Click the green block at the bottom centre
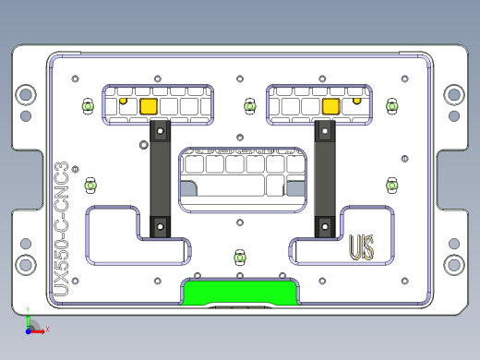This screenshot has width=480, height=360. pos(240,293)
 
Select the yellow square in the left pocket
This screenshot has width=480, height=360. pos(147,106)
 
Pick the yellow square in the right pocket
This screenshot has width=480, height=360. pos(330,106)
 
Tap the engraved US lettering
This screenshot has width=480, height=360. pos(361,247)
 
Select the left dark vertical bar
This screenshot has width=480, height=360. pos(159,178)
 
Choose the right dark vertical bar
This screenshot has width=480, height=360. pos(323,178)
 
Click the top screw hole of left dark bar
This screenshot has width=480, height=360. pos(160,131)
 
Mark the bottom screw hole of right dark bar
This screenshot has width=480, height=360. pos(323,224)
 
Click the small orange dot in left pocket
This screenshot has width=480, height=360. pos(124,99)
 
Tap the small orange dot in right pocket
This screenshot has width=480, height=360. pos(357,99)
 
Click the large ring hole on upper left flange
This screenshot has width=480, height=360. pos(26,93)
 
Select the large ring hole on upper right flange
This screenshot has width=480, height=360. pos(453,93)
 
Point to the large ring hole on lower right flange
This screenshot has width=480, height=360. pos(453,267)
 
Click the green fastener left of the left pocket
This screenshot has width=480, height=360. pos(89,107)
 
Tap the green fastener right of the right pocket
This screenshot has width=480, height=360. pos(391,107)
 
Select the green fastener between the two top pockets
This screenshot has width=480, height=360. pos(248,106)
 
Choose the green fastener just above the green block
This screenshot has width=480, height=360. pos(240,255)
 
